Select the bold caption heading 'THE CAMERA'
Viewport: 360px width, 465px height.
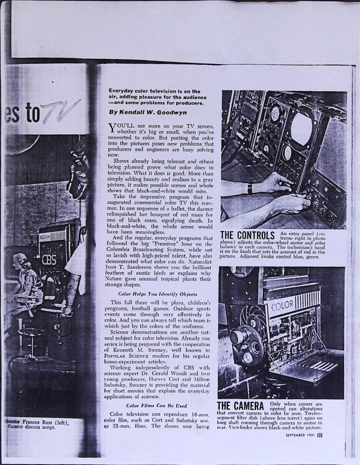[x=241, y=406]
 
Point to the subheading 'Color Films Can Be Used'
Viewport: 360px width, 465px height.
[x=149, y=405]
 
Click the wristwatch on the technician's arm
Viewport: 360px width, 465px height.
[x=250, y=188]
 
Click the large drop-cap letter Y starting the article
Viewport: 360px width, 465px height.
[x=113, y=128]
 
